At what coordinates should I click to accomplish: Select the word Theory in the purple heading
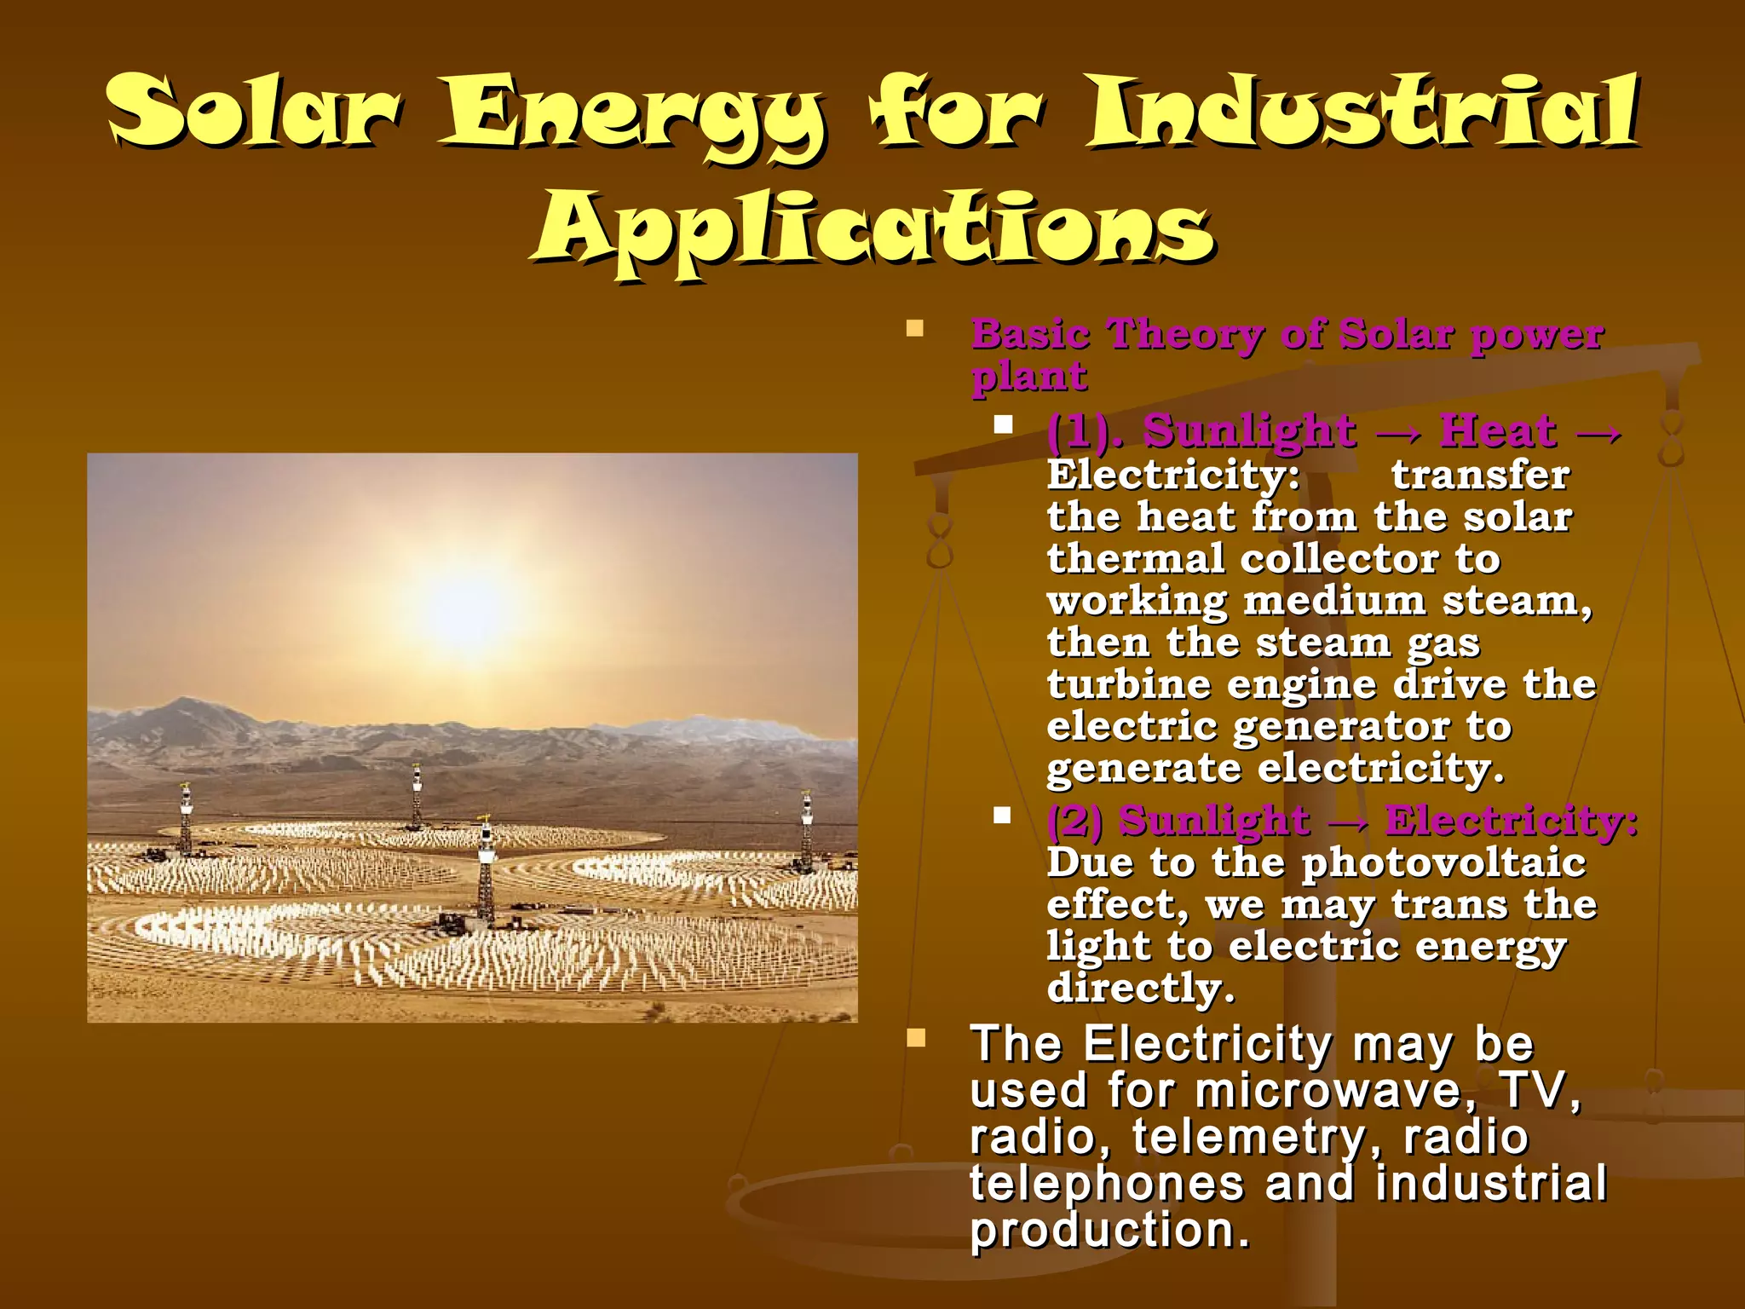tap(1184, 333)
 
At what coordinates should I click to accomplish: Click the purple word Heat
tap(1498, 430)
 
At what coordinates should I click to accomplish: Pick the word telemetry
tap(1249, 1137)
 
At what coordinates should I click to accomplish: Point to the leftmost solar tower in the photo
tap(185, 818)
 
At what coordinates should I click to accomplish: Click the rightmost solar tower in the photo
tap(806, 831)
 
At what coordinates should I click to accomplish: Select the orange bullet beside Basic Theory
tap(916, 329)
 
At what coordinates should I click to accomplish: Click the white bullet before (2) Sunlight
tap(1002, 816)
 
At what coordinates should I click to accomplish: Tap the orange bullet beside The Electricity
tap(916, 1038)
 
